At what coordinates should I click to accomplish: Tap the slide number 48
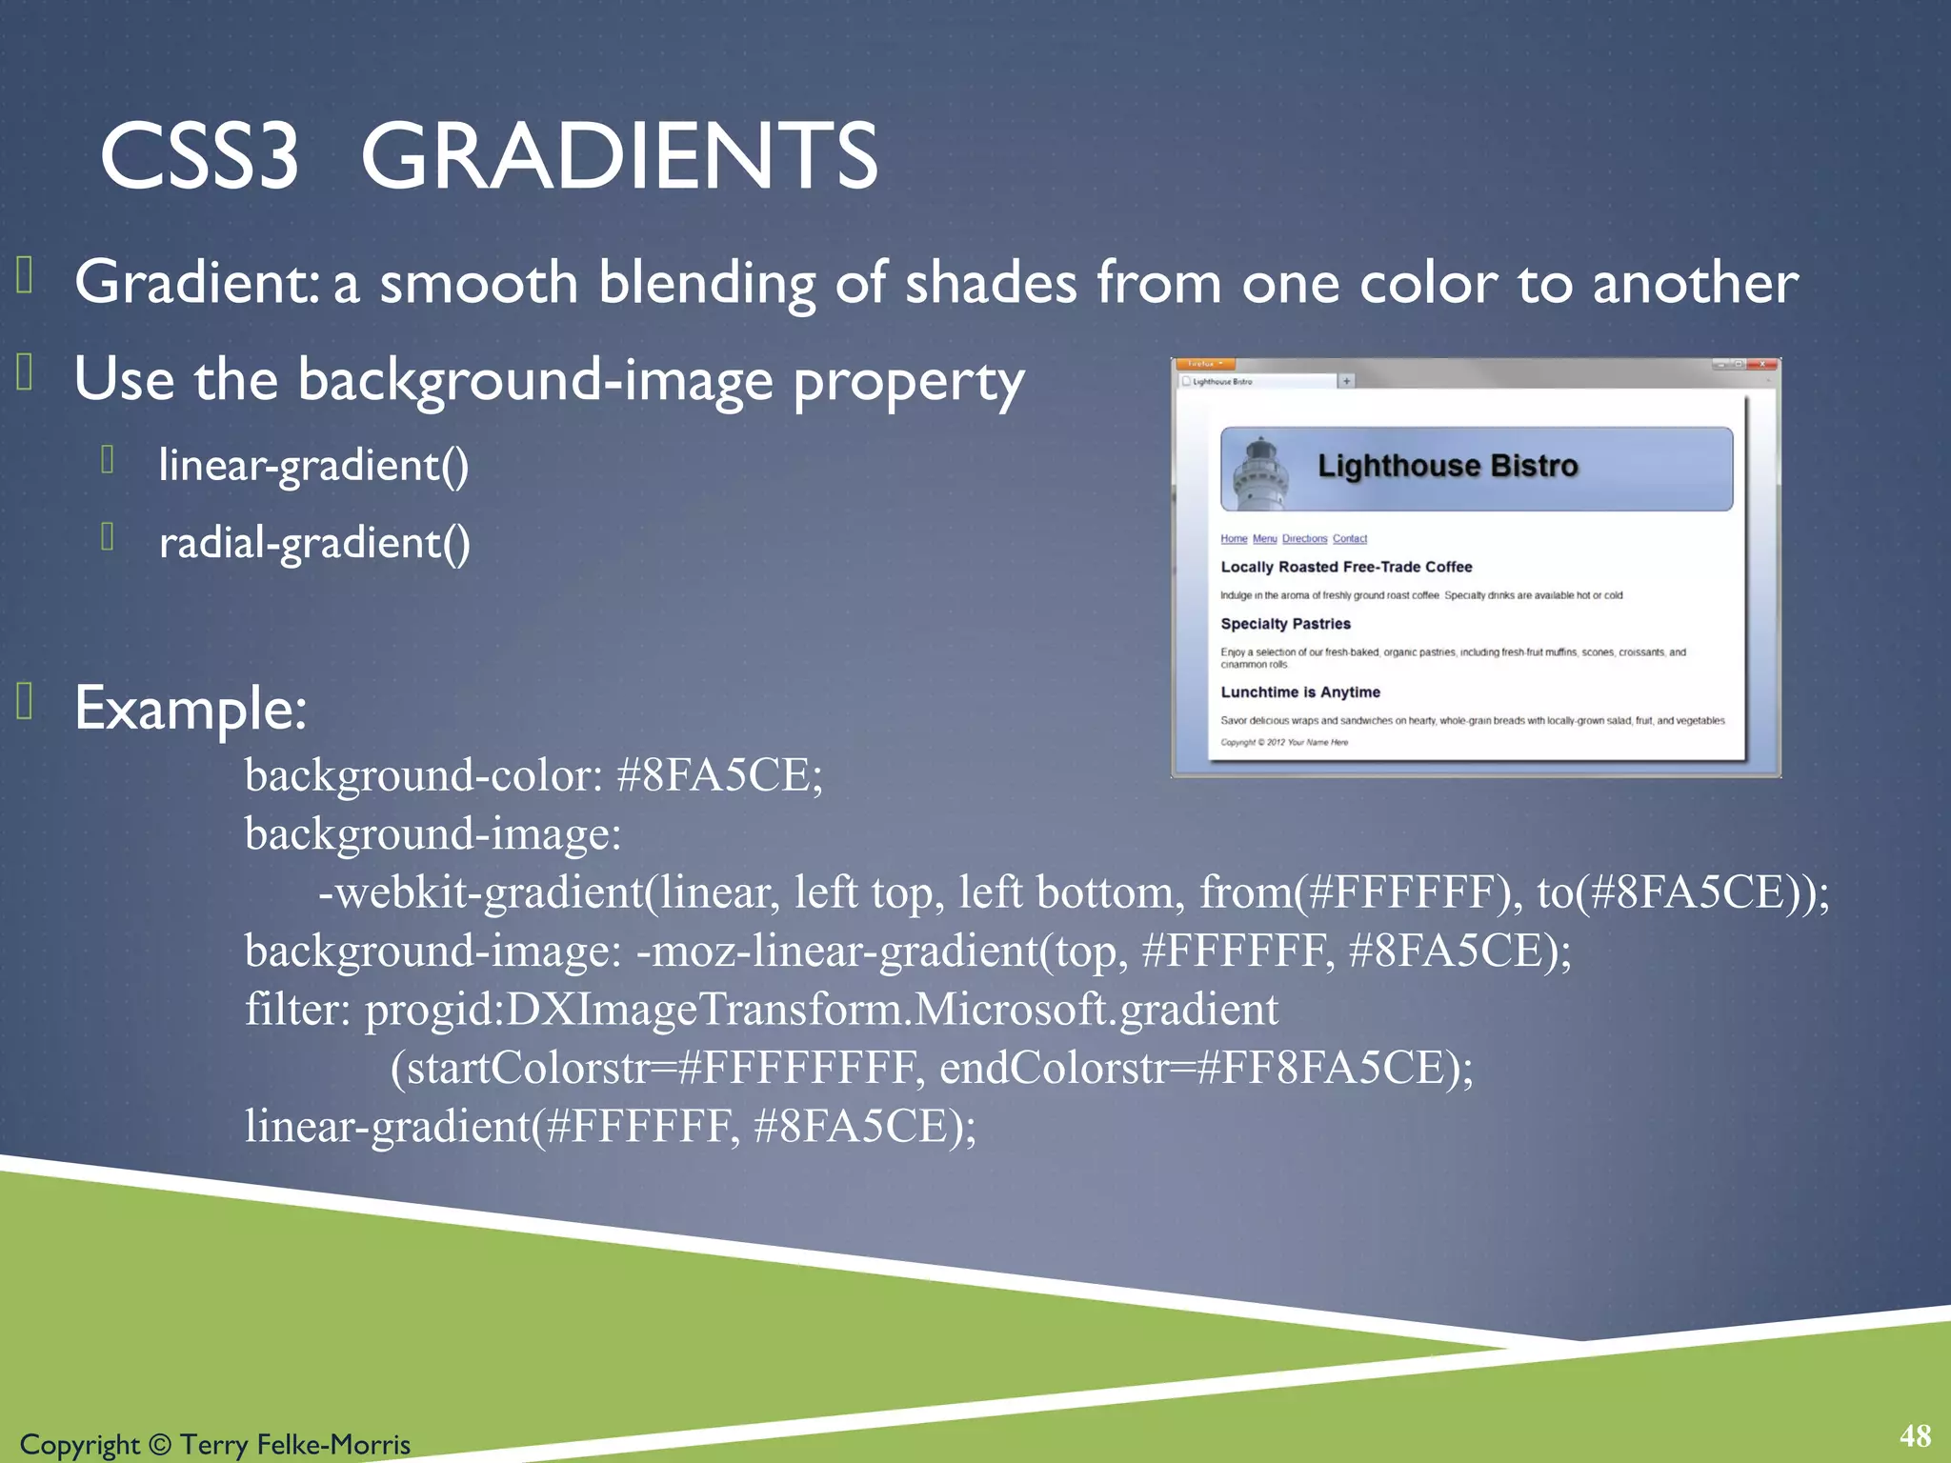coord(1915,1435)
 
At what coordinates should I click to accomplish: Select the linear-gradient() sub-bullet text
coord(313,466)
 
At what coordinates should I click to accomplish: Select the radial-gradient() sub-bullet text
coord(314,544)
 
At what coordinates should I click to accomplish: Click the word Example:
coord(191,709)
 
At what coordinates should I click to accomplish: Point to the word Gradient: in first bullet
coord(196,283)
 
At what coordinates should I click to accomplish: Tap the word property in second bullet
coord(909,381)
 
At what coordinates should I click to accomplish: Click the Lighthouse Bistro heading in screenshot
coord(1447,466)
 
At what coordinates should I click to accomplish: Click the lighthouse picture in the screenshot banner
coord(1260,472)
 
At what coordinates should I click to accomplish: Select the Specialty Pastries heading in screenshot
coord(1285,624)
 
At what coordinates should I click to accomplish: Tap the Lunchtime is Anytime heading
coord(1300,692)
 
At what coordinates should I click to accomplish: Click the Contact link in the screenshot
coord(1349,539)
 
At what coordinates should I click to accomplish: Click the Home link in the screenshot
coord(1234,539)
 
